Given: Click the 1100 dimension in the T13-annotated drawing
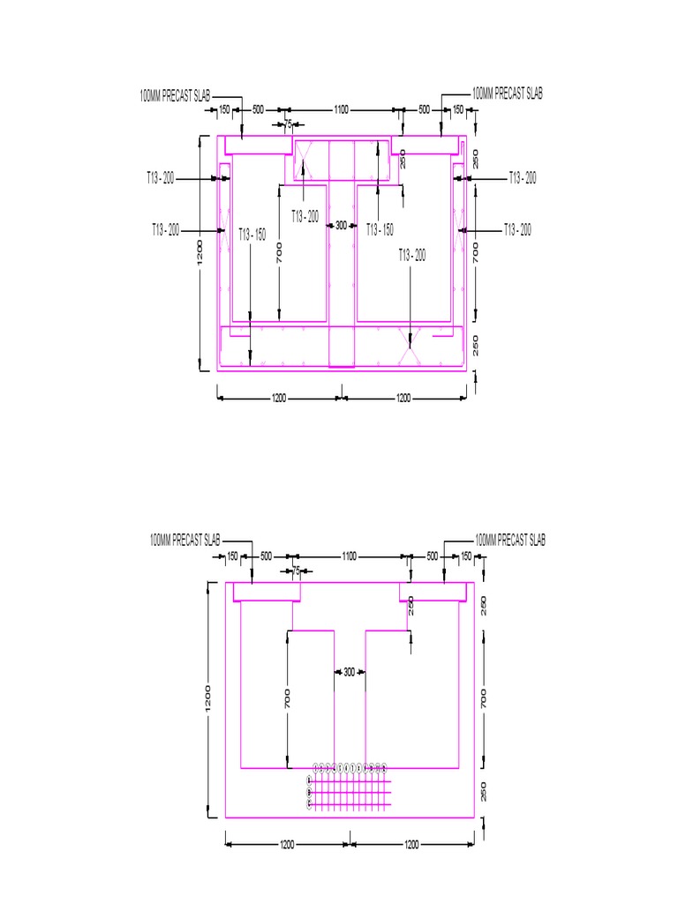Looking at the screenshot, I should pos(341,110).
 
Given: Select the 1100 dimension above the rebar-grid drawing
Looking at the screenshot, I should pos(349,556).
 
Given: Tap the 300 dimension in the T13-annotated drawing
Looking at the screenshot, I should pos(341,226).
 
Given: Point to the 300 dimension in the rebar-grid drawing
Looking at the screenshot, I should pos(349,672).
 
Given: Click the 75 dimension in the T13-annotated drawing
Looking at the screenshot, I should pos(288,124).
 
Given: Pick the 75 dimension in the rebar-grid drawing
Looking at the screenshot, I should pos(297,571).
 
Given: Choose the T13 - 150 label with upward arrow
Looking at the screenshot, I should pos(380,230).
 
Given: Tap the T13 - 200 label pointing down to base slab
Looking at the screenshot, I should pos(411,254).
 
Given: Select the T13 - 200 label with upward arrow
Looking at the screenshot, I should pos(305,216).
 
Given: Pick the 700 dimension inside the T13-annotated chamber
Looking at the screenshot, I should pos(279,254).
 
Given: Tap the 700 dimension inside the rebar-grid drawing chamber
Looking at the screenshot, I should pos(287,700).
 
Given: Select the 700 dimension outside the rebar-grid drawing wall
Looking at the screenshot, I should pos(483,700).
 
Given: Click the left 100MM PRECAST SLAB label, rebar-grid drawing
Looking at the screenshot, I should pos(185,540).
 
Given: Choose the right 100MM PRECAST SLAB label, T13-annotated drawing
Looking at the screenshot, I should pos(508,93).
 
